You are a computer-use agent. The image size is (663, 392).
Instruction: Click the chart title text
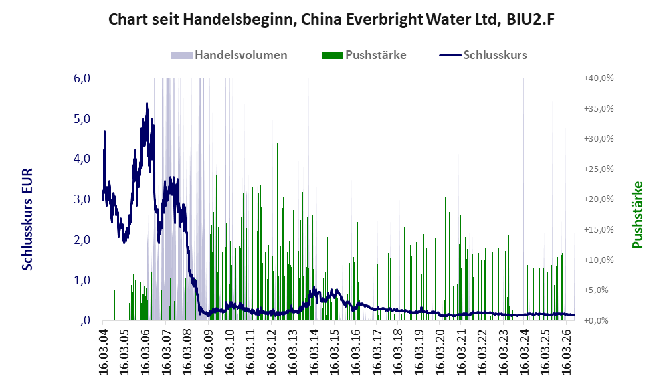pyautogui.click(x=331, y=19)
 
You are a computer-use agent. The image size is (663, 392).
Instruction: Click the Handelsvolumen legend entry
pyautogui.click(x=229, y=55)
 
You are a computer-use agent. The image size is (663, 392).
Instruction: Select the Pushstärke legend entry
pyautogui.click(x=363, y=55)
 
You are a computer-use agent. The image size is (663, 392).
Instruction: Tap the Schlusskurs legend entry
pyautogui.click(x=483, y=55)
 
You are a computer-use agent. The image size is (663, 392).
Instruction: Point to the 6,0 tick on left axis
pyautogui.click(x=82, y=78)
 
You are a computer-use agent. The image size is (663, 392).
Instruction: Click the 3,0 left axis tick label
pyautogui.click(x=82, y=199)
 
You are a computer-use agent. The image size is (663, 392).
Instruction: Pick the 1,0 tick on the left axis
pyautogui.click(x=82, y=280)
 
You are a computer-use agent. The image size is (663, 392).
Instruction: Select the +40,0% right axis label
pyautogui.click(x=599, y=78)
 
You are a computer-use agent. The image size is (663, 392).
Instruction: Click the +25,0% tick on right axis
pyautogui.click(x=599, y=169)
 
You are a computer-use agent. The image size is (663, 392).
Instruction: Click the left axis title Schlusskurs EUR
pyautogui.click(x=27, y=219)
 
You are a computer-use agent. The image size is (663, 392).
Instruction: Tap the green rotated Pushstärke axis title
pyautogui.click(x=638, y=215)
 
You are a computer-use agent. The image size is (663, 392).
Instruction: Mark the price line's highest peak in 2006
pyautogui.click(x=147, y=103)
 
